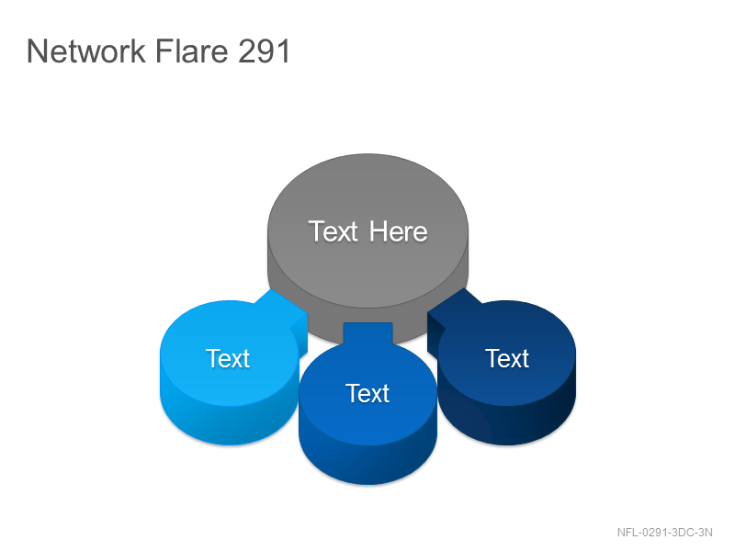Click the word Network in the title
point(86,51)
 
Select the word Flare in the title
point(191,51)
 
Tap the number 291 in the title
point(265,51)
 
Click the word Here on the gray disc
point(398,231)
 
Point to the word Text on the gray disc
point(334,231)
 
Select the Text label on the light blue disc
point(228,358)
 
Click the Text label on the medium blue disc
point(367,394)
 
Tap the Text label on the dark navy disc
point(507,358)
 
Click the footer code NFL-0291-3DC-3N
point(664,533)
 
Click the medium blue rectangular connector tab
point(368,333)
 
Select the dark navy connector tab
point(452,313)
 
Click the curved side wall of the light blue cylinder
point(225,425)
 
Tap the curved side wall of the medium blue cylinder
point(368,465)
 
